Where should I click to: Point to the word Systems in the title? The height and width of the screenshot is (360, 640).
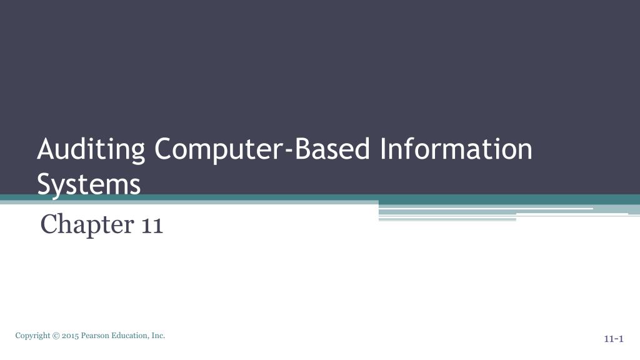tap(89, 184)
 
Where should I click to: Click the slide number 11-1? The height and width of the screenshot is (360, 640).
tap(614, 339)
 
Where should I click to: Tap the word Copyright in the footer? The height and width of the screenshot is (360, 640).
tap(33, 336)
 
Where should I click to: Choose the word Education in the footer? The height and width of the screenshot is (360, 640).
tap(131, 336)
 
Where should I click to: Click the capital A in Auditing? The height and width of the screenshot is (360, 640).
tap(45, 150)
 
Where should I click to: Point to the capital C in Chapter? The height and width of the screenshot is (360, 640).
tap(48, 224)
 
